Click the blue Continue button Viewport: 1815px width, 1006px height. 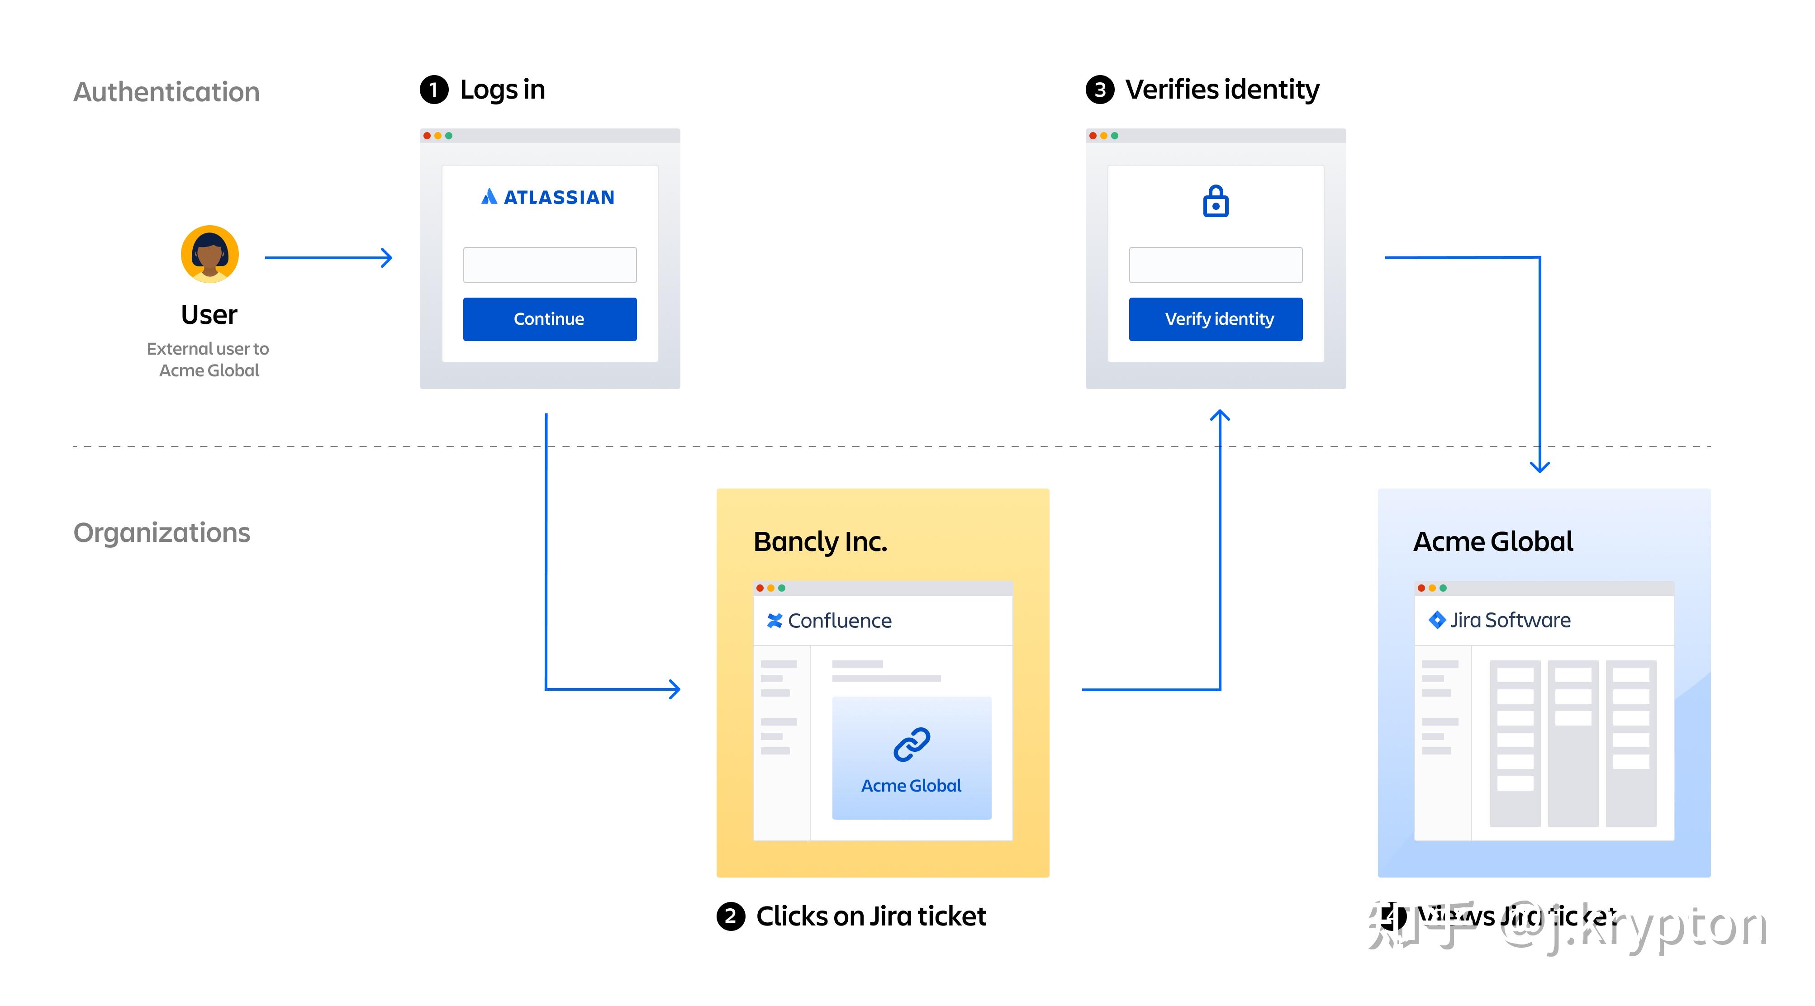click(x=550, y=319)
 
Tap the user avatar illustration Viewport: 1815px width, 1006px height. click(x=210, y=254)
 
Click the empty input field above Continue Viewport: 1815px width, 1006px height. click(x=550, y=265)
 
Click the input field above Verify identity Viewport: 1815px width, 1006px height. click(x=1216, y=265)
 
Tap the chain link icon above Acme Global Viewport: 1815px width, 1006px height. click(x=912, y=745)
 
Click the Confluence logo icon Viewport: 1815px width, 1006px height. click(x=774, y=621)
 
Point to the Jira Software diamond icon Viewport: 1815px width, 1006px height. click(x=1437, y=620)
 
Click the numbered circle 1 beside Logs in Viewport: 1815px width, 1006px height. click(x=434, y=90)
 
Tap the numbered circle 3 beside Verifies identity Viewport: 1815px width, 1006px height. click(x=1100, y=90)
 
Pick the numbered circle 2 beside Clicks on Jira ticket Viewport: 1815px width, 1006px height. click(x=731, y=916)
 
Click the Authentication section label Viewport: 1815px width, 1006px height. click(x=166, y=92)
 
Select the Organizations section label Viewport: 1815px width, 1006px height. click(x=162, y=532)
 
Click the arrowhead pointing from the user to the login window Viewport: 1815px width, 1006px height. click(x=387, y=258)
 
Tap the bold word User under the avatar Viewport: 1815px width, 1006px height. click(x=209, y=315)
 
